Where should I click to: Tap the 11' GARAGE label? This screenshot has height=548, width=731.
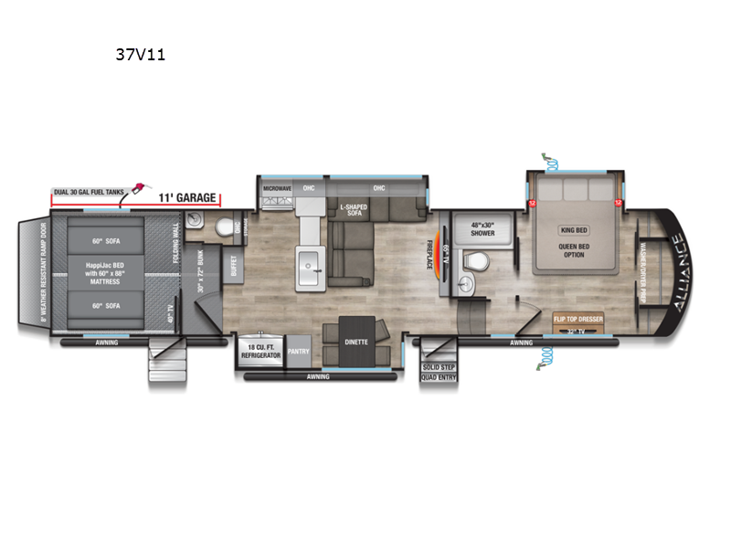[187, 197]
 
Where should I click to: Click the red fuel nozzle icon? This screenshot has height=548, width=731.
[137, 189]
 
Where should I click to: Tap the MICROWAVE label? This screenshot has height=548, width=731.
[277, 188]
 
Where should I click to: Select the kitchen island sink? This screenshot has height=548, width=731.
[313, 259]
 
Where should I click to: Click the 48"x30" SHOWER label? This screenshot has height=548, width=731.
[482, 228]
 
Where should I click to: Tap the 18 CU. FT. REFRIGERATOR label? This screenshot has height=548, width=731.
[260, 353]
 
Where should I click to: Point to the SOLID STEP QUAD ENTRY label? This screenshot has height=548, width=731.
[439, 372]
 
